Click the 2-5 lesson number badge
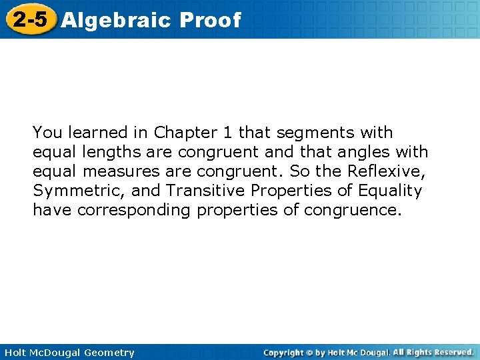tap(30, 19)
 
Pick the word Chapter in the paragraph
tap(181, 133)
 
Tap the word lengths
tap(107, 153)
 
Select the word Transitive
tap(205, 191)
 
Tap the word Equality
tap(389, 191)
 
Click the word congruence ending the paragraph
tap(353, 211)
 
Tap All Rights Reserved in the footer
tap(433, 352)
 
